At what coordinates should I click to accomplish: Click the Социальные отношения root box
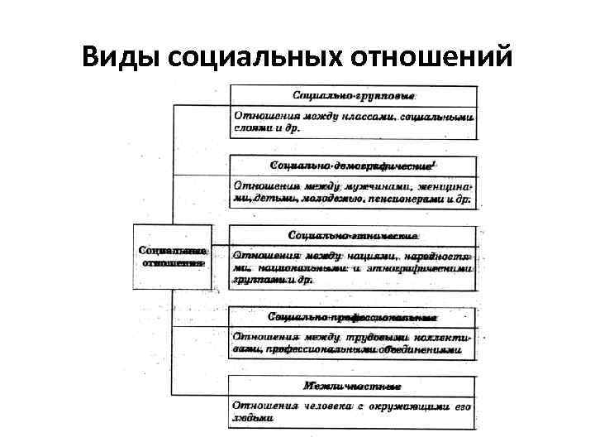coord(173,256)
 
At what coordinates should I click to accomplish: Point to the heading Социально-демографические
coord(352,166)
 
